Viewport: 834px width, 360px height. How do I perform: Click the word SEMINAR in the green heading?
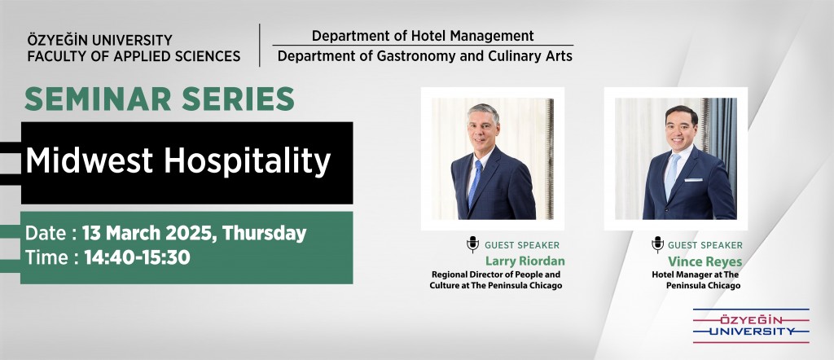[98, 99]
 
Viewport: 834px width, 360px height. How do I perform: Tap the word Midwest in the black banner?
[90, 161]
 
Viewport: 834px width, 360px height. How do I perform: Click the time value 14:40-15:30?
[137, 257]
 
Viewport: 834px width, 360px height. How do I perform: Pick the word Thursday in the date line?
[265, 234]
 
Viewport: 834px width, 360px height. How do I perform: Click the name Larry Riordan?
[525, 261]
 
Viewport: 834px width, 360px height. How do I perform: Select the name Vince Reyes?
[705, 261]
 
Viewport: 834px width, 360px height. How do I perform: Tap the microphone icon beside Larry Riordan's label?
[472, 244]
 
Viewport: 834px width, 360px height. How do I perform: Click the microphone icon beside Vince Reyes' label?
[657, 244]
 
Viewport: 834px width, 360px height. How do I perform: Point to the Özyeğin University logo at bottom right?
[750, 326]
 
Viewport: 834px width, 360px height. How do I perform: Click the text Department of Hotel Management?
[423, 36]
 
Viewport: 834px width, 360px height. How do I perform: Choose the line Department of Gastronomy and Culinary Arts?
[425, 56]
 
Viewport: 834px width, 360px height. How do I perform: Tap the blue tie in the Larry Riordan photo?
[475, 183]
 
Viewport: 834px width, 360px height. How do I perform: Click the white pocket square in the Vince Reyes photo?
[693, 180]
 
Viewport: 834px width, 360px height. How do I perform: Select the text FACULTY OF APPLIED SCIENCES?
[134, 56]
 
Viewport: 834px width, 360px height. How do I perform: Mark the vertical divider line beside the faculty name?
[260, 45]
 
